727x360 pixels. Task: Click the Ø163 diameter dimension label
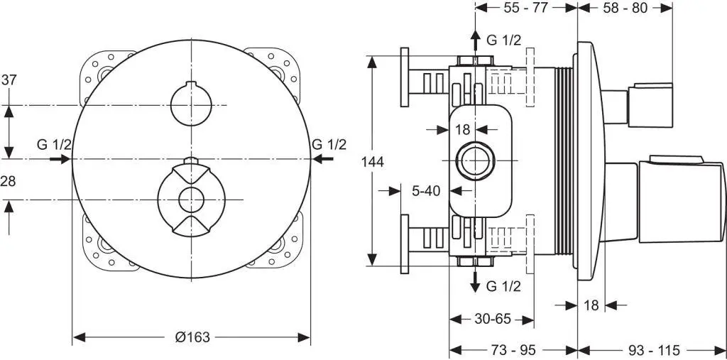pyautogui.click(x=192, y=337)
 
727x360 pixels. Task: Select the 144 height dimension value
pyautogui.click(x=372, y=162)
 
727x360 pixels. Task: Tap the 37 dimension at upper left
pyautogui.click(x=9, y=80)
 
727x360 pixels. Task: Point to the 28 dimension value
pyautogui.click(x=9, y=181)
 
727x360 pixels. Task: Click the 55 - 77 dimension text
pyautogui.click(x=525, y=8)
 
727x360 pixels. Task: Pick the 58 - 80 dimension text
pyautogui.click(x=625, y=8)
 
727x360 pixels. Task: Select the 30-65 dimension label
pyautogui.click(x=493, y=319)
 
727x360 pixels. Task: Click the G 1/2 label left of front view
pyautogui.click(x=55, y=145)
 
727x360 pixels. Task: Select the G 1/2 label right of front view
pyautogui.click(x=329, y=145)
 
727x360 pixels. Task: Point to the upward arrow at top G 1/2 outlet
pyautogui.click(x=474, y=39)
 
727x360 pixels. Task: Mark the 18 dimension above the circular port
pyautogui.click(x=462, y=129)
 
